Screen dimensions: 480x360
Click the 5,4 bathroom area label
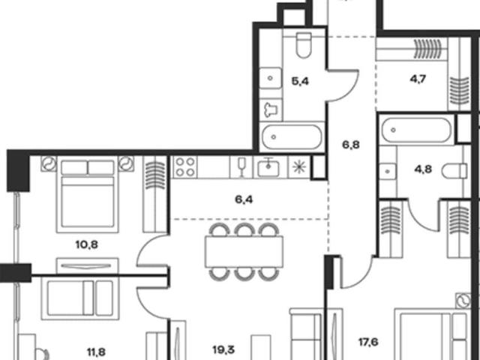click(300, 82)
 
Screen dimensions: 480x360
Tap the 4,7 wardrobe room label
click(418, 79)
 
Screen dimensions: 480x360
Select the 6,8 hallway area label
click(351, 145)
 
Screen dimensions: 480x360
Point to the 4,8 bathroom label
click(423, 169)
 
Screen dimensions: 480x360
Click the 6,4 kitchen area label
click(244, 199)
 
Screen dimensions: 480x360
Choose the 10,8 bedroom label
click(87, 244)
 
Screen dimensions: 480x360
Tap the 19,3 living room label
click(223, 349)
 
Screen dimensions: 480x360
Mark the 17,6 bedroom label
click(368, 342)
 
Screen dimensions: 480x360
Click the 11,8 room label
click(96, 352)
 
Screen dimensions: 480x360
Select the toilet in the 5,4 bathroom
click(304, 45)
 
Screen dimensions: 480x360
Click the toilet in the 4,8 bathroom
click(454, 170)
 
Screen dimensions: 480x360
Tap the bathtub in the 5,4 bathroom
click(292, 136)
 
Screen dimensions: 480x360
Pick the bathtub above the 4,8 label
click(416, 130)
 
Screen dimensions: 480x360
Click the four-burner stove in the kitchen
click(185, 167)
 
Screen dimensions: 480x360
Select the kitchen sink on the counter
click(268, 167)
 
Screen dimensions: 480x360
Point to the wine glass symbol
click(241, 167)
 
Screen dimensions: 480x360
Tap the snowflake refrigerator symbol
click(299, 167)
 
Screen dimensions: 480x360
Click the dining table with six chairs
click(244, 252)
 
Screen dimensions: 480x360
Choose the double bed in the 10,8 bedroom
click(88, 194)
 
